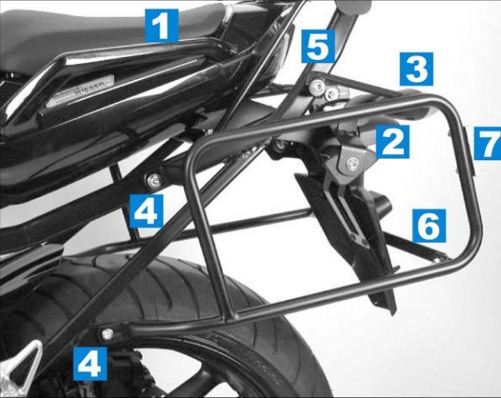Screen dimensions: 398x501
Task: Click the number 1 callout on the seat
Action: pos(161,25)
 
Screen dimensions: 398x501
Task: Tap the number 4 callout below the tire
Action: pos(90,364)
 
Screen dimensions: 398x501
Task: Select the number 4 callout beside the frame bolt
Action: pos(147,212)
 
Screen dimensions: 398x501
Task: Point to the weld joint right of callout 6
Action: pos(439,258)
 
